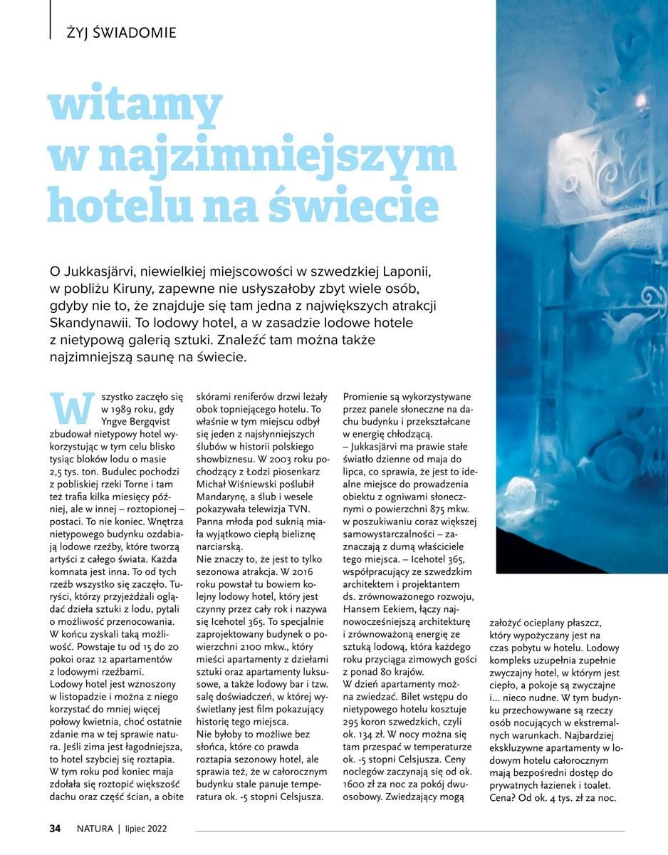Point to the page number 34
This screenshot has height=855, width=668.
click(x=55, y=829)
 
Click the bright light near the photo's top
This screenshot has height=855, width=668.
click(x=639, y=98)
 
